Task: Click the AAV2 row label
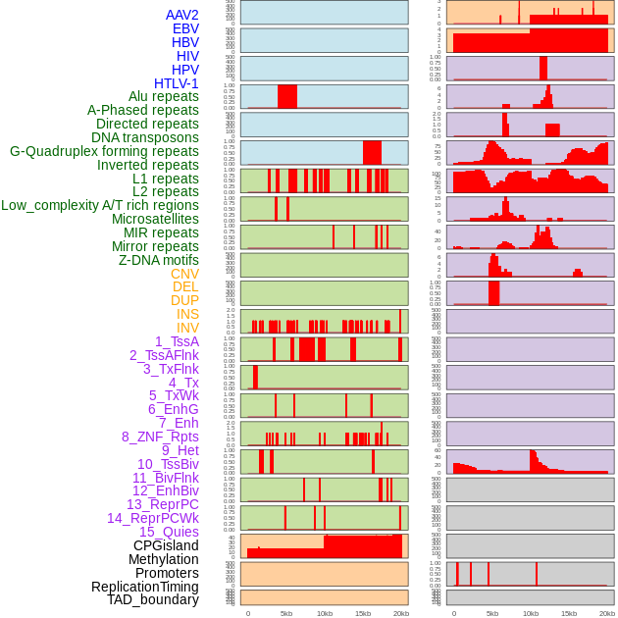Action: coord(182,15)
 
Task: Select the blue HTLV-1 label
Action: coord(177,83)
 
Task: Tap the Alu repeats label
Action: coord(164,96)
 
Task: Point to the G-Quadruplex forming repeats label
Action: coord(104,151)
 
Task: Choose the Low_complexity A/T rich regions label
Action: coord(100,205)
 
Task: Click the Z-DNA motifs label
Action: coord(159,260)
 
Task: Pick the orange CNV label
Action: coord(184,274)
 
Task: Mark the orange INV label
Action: coord(187,328)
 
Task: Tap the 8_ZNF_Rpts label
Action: coord(160,437)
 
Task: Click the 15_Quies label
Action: coord(169,532)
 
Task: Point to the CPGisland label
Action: coord(166,545)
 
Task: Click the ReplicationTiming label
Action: coord(145,587)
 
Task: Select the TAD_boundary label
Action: coord(153,599)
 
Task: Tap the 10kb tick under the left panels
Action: coord(324,613)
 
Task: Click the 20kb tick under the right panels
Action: coord(607,613)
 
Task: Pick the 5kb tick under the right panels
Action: coord(492,613)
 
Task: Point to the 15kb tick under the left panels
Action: coord(363,613)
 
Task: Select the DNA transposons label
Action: coord(145,137)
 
